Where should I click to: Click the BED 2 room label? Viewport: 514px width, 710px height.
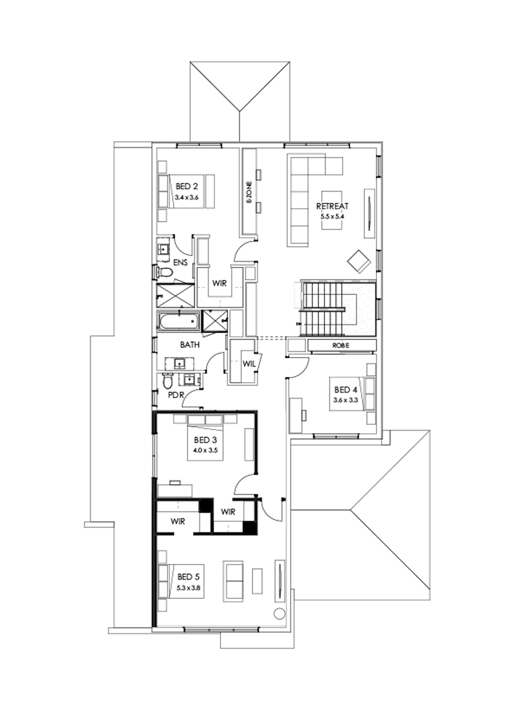[187, 186]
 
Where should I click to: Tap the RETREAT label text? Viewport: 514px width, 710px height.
[332, 206]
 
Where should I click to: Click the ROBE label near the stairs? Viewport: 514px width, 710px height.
[341, 346]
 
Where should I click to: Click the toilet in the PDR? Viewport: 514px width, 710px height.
[167, 380]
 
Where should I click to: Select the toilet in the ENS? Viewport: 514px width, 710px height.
[162, 273]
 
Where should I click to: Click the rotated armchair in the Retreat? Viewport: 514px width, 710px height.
[359, 261]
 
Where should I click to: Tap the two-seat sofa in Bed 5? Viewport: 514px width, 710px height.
[234, 581]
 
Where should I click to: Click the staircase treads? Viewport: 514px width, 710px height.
[323, 308]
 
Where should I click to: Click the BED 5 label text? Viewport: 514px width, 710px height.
[189, 576]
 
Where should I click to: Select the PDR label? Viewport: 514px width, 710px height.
[175, 394]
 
